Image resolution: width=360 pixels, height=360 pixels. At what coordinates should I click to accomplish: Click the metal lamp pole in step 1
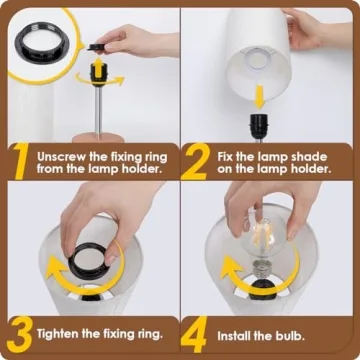tap(100, 115)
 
